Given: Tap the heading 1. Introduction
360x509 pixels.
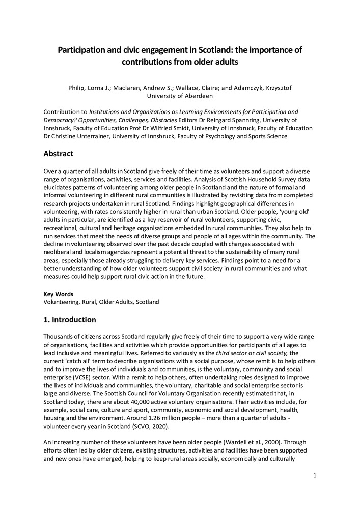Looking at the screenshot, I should (x=69, y=320).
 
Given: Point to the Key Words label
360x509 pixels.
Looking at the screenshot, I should (x=59, y=294).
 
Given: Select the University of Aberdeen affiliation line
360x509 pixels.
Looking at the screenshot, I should (x=180, y=95).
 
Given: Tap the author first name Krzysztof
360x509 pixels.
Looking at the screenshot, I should (x=275, y=87).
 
